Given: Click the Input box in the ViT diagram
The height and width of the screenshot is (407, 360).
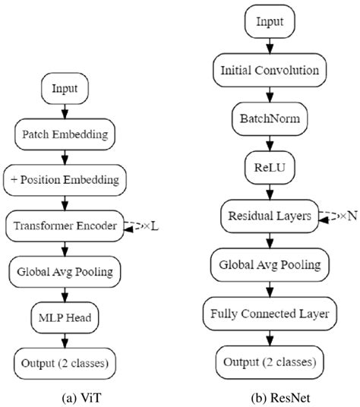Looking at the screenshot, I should (65, 89).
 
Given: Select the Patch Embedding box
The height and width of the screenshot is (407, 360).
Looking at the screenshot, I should (65, 134).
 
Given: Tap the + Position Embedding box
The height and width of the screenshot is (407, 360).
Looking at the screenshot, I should (65, 180).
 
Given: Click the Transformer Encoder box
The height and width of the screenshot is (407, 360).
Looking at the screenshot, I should (65, 226).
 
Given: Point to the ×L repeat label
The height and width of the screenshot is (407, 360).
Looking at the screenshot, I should (153, 226).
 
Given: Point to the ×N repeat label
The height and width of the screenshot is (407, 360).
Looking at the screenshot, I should (346, 216).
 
